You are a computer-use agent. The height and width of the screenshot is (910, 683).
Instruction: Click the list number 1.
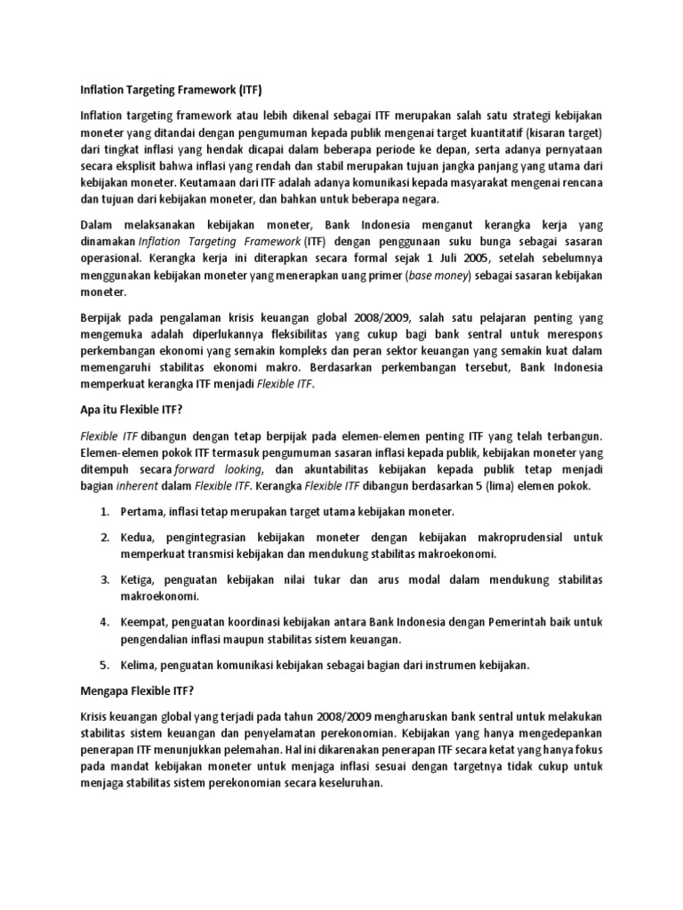pos(104,513)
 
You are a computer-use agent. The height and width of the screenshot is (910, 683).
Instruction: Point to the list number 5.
pos(104,664)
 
